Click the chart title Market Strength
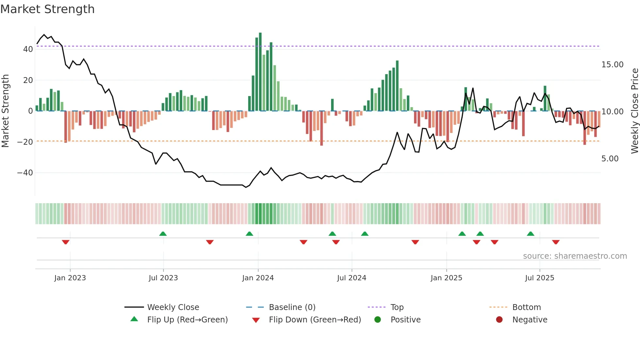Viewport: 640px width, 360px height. coord(47,9)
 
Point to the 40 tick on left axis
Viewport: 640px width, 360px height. coord(28,49)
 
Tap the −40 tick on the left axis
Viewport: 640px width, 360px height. coord(25,173)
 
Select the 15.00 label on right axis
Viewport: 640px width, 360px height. coord(612,65)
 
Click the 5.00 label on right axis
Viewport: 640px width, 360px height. coord(610,159)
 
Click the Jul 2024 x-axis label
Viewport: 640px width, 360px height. coord(351,278)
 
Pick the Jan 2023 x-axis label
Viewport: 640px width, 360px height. coord(70,278)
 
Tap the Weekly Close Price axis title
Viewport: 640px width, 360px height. coord(634,111)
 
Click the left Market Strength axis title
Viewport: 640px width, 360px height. coord(5,111)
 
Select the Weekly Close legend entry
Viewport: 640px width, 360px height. coord(173,307)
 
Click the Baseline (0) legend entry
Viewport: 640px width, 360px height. coord(292,307)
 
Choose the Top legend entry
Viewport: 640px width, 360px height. coord(397,307)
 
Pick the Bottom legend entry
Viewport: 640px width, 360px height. coord(526,307)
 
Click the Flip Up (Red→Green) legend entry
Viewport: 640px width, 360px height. coord(187,320)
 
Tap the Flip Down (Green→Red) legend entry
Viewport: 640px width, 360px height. coord(315,320)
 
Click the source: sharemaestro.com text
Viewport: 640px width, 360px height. coord(575,256)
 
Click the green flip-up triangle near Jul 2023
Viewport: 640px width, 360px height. coord(163,234)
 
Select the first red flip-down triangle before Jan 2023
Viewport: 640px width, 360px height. coord(66,242)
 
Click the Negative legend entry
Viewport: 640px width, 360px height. coord(529,320)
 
